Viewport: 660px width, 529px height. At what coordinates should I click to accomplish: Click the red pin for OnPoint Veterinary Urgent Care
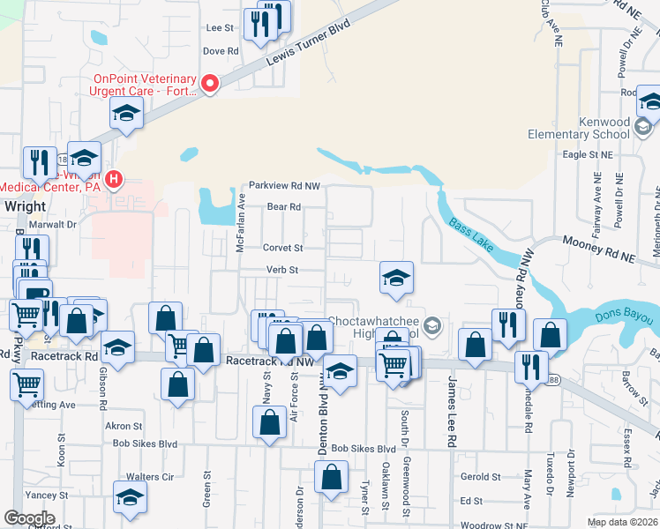210,85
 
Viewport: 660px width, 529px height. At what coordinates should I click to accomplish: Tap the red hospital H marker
113,181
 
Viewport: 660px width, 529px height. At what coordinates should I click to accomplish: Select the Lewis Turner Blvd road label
310,44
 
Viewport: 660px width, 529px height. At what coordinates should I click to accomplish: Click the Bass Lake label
469,235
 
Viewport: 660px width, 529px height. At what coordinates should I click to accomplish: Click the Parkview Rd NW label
283,186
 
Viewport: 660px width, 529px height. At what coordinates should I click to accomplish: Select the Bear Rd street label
284,207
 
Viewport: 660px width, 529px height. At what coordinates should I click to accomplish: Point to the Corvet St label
284,249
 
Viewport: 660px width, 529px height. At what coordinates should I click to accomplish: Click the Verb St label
283,270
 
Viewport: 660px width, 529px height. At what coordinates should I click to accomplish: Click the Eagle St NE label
587,154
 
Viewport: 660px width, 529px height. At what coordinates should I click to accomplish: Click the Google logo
28,518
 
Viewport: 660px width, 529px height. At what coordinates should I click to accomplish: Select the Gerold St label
481,477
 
